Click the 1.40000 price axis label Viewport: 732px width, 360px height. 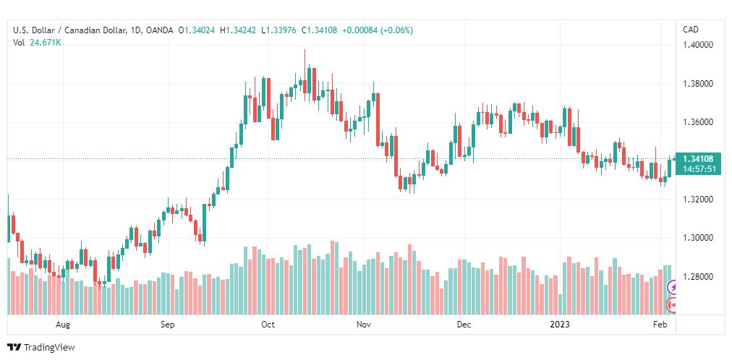(698, 45)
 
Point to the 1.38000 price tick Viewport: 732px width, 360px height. (698, 84)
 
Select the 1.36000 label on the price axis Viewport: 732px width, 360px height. (698, 122)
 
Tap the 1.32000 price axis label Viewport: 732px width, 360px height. (698, 200)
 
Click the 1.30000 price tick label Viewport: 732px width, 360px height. (698, 238)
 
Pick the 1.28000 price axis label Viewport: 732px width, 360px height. (698, 277)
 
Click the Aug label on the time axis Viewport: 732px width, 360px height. (63, 325)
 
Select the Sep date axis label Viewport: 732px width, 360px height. (168, 325)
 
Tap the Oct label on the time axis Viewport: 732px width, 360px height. (268, 325)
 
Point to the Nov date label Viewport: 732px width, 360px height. (364, 325)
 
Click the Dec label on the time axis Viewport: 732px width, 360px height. (464, 325)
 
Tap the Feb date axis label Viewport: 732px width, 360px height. (660, 325)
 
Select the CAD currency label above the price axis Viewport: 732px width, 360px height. (691, 30)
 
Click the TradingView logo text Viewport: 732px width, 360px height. (49, 348)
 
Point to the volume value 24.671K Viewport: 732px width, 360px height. (46, 43)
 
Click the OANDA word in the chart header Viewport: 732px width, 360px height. (159, 30)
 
